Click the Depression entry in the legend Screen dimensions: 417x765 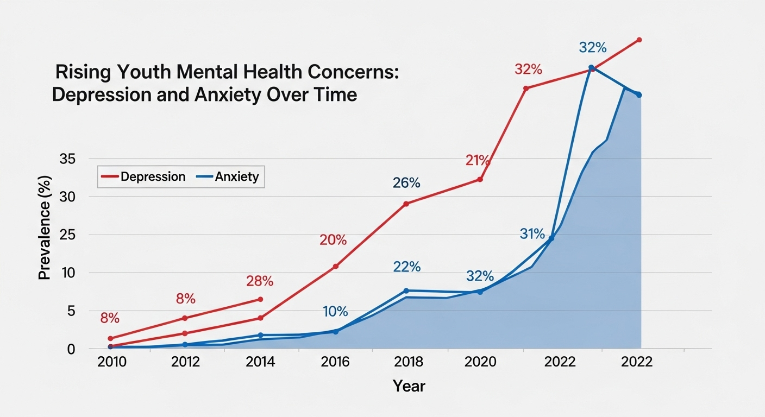click(153, 177)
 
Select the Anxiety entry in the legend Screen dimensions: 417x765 click(237, 177)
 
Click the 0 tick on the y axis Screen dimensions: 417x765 click(71, 349)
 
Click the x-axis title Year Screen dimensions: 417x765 click(409, 386)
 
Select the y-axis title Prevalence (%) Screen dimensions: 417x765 click(45, 228)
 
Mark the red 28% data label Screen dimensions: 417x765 click(260, 281)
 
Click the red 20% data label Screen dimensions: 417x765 click(333, 240)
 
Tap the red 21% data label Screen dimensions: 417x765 click(478, 161)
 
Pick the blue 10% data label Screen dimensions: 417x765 click(335, 312)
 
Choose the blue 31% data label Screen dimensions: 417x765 click(532, 234)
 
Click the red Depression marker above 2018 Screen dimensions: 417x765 click(406, 204)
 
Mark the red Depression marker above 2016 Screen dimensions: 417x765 click(335, 267)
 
